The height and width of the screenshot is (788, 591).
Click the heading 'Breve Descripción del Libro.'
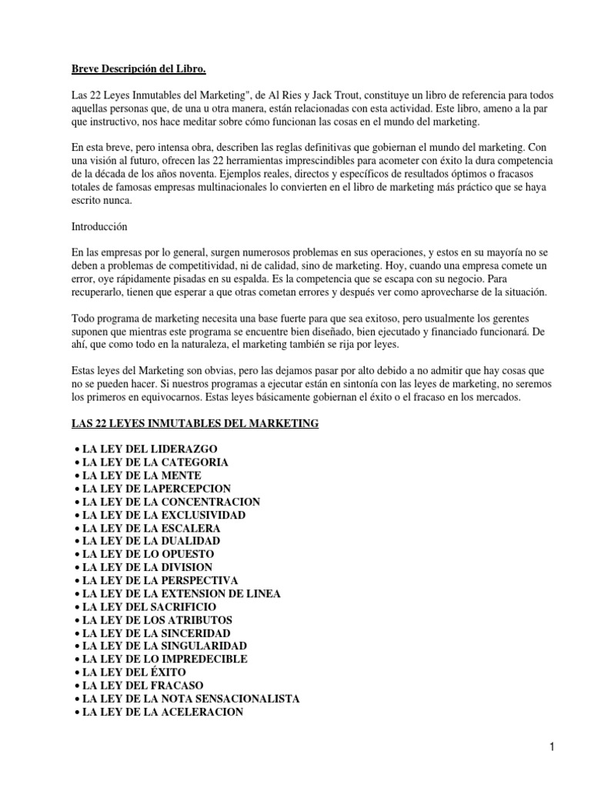[134, 69]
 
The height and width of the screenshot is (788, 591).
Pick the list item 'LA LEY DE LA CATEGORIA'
[155, 462]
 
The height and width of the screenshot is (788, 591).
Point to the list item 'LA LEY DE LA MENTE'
[142, 476]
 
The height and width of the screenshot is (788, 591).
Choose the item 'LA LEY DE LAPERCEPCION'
[156, 489]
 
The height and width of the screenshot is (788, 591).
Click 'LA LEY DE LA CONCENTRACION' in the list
[171, 502]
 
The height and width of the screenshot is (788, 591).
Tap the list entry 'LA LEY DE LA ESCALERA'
[152, 529]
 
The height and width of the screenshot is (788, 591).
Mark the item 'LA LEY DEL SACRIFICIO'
[150, 607]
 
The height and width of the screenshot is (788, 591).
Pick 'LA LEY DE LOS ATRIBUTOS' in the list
[157, 620]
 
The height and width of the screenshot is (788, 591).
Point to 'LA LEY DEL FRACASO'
[142, 686]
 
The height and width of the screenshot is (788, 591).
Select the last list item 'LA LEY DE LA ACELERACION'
[162, 712]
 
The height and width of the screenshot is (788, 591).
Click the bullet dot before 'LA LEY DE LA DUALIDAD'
[76, 542]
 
